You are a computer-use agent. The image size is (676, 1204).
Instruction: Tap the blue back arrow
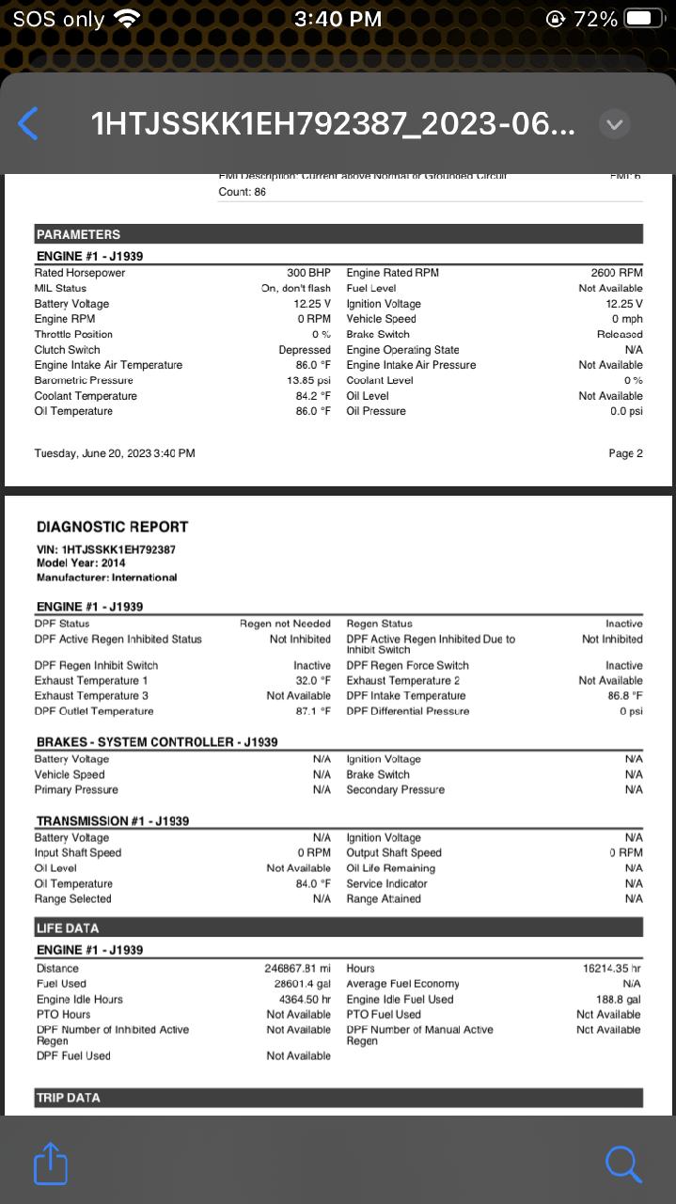tap(29, 124)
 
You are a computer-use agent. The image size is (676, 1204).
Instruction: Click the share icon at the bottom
tap(51, 1164)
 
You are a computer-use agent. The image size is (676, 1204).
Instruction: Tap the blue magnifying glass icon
tap(623, 1164)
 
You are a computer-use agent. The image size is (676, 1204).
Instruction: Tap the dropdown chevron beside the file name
tap(614, 124)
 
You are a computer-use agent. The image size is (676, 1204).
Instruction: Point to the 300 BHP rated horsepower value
tap(308, 273)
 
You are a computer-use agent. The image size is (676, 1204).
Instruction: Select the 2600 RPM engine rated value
tap(616, 273)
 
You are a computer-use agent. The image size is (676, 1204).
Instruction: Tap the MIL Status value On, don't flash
tap(295, 289)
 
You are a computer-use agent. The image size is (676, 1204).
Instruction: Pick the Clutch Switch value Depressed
tap(305, 350)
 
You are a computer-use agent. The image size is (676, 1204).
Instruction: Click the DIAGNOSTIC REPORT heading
tap(112, 527)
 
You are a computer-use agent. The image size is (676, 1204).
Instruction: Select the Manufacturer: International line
tap(106, 577)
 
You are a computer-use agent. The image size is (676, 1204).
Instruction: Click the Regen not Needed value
tap(285, 624)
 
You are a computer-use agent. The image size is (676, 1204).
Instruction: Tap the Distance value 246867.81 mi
tap(297, 968)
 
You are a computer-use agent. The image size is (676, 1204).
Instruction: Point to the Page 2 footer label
tap(625, 453)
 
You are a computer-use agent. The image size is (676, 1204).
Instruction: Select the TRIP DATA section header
tap(68, 1098)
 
